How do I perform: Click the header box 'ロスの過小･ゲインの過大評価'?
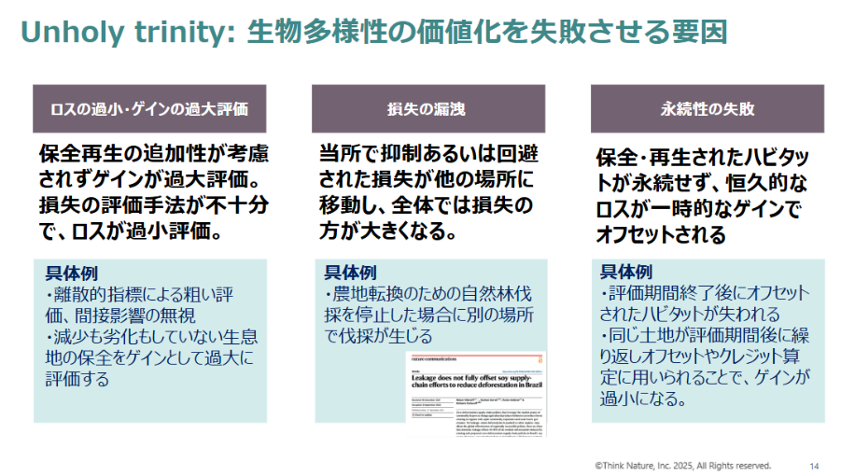pyautogui.click(x=149, y=108)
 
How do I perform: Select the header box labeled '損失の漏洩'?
pyautogui.click(x=428, y=108)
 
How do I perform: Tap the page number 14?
pyautogui.click(x=814, y=465)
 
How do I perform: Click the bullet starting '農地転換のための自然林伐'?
pyautogui.click(x=428, y=295)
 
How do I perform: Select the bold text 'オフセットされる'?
pyautogui.click(x=661, y=233)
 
